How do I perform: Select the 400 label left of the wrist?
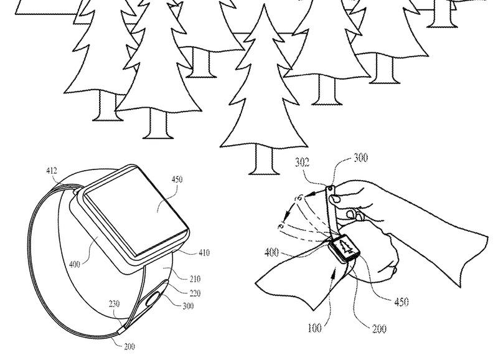[x=271, y=252]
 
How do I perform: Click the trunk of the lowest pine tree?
[x=261, y=159]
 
